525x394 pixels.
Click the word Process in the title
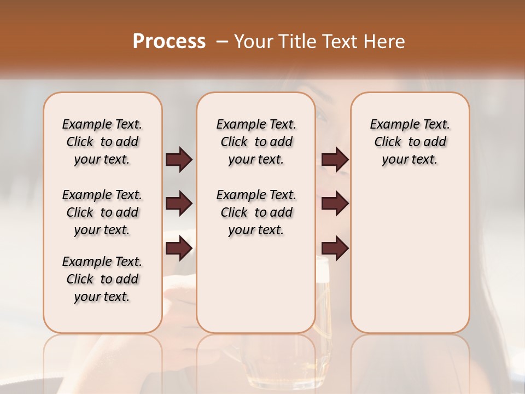(169, 42)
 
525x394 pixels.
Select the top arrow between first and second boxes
(179, 160)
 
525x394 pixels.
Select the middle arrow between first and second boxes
(179, 204)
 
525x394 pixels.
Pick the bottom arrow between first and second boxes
(179, 248)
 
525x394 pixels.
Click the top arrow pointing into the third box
(335, 160)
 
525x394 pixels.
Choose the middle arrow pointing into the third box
(335, 204)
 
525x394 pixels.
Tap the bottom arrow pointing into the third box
(335, 248)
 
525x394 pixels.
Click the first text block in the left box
(102, 142)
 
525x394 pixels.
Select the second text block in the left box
(102, 212)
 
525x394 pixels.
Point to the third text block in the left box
(102, 279)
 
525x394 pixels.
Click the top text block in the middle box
(256, 142)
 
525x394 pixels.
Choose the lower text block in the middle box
(256, 212)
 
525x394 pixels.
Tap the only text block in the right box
(410, 142)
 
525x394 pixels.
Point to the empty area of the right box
(410, 252)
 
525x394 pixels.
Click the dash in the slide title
(221, 42)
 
